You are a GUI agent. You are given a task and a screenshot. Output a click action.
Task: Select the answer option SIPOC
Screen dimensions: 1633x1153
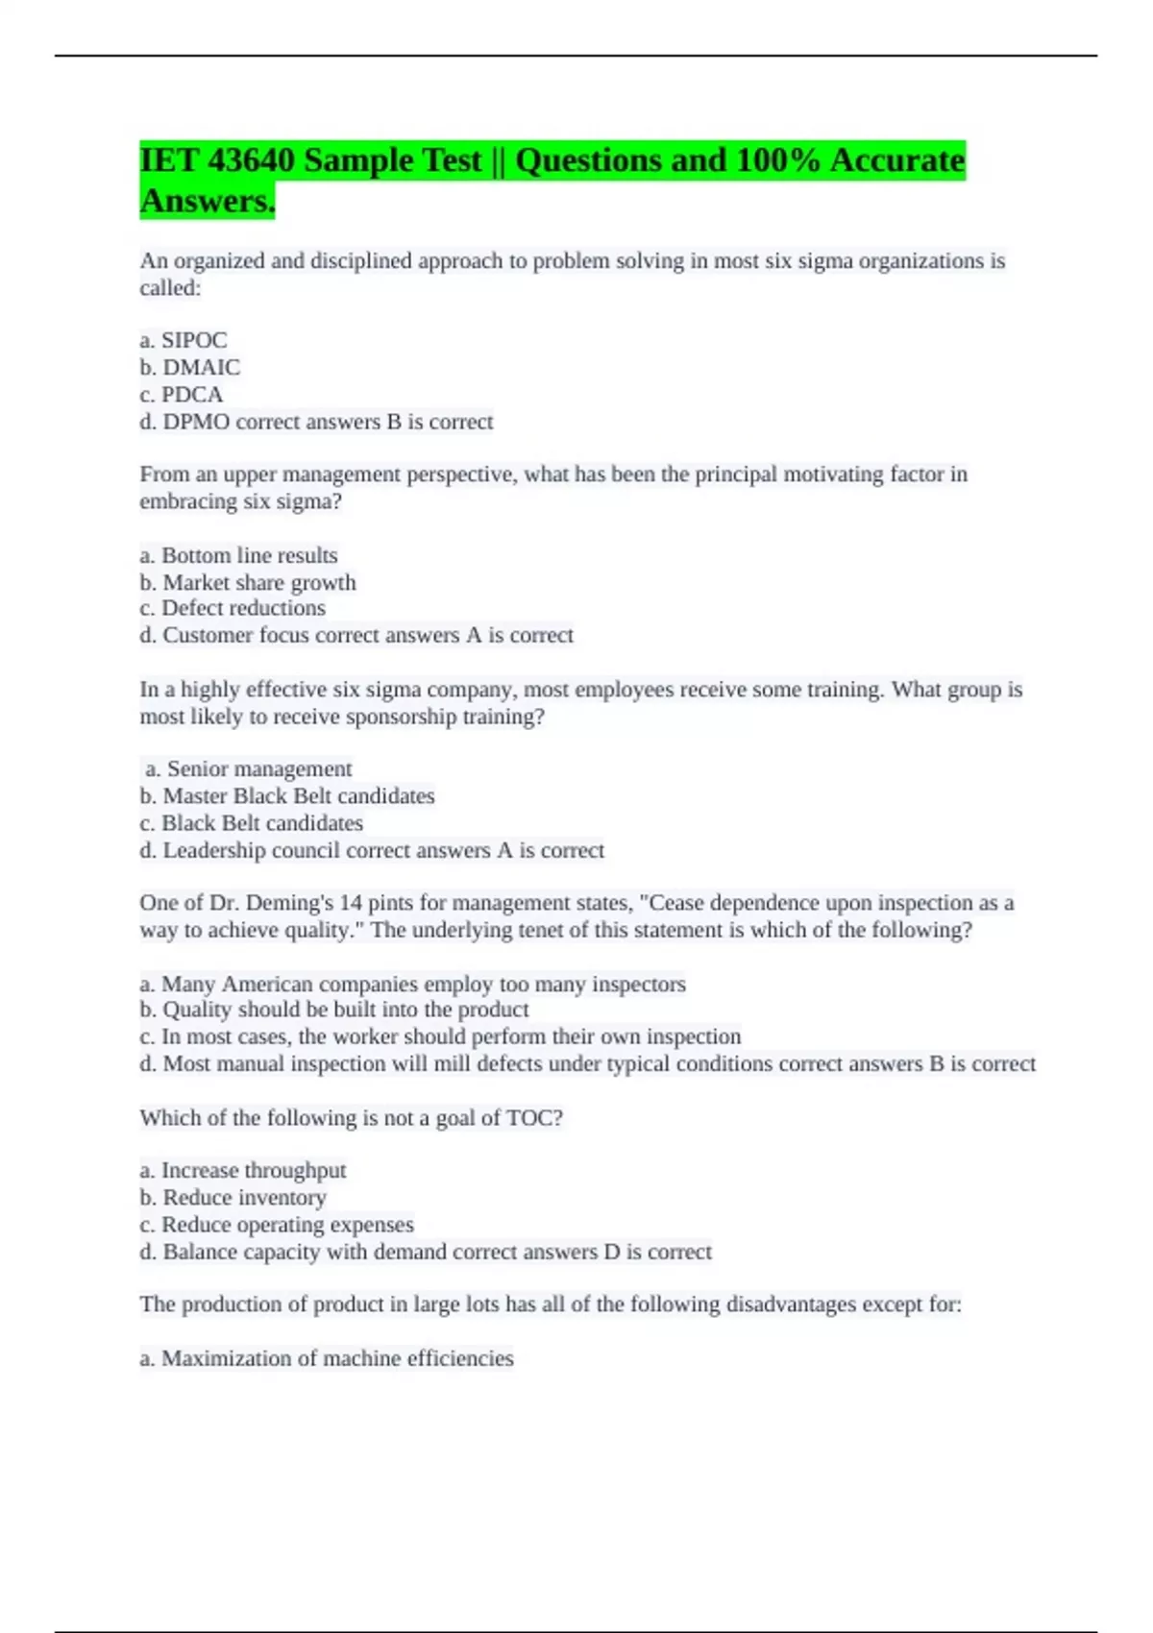(193, 340)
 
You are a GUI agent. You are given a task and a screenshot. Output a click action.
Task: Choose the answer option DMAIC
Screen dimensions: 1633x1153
(201, 367)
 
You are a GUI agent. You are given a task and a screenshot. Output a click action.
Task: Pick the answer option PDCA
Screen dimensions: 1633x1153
(191, 394)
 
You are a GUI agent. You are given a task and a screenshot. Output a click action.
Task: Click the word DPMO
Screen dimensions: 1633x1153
(196, 422)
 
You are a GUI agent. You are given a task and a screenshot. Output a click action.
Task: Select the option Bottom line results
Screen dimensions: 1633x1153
(249, 555)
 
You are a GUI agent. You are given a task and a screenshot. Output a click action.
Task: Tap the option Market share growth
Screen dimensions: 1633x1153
(258, 582)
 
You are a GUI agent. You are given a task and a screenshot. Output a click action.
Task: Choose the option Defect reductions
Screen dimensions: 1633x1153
(243, 608)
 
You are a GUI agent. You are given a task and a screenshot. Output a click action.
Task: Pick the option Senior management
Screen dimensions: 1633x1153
(258, 768)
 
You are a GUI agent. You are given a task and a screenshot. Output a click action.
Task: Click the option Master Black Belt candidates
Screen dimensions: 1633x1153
(298, 795)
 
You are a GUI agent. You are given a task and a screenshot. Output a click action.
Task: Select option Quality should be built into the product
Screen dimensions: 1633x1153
(345, 1010)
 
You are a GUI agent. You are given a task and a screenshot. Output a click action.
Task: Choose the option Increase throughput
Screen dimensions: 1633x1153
(253, 1170)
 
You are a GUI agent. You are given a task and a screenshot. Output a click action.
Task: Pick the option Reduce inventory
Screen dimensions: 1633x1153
(244, 1198)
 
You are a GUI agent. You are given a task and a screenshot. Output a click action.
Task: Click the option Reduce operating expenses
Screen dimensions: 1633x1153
(286, 1225)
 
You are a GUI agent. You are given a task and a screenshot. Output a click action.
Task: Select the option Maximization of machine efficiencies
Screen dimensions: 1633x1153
(336, 1358)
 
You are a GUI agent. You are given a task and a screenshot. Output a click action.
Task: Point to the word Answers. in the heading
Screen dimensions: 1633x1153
(208, 202)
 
